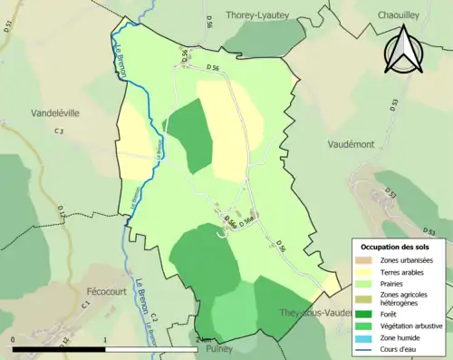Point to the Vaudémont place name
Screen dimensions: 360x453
tap(358, 143)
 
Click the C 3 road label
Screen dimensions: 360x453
tap(60, 132)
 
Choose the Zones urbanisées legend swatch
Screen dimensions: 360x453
tap(366, 259)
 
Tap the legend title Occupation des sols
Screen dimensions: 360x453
tap(395, 247)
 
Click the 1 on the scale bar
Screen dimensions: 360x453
tap(106, 340)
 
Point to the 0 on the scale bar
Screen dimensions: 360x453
tap(14, 340)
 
